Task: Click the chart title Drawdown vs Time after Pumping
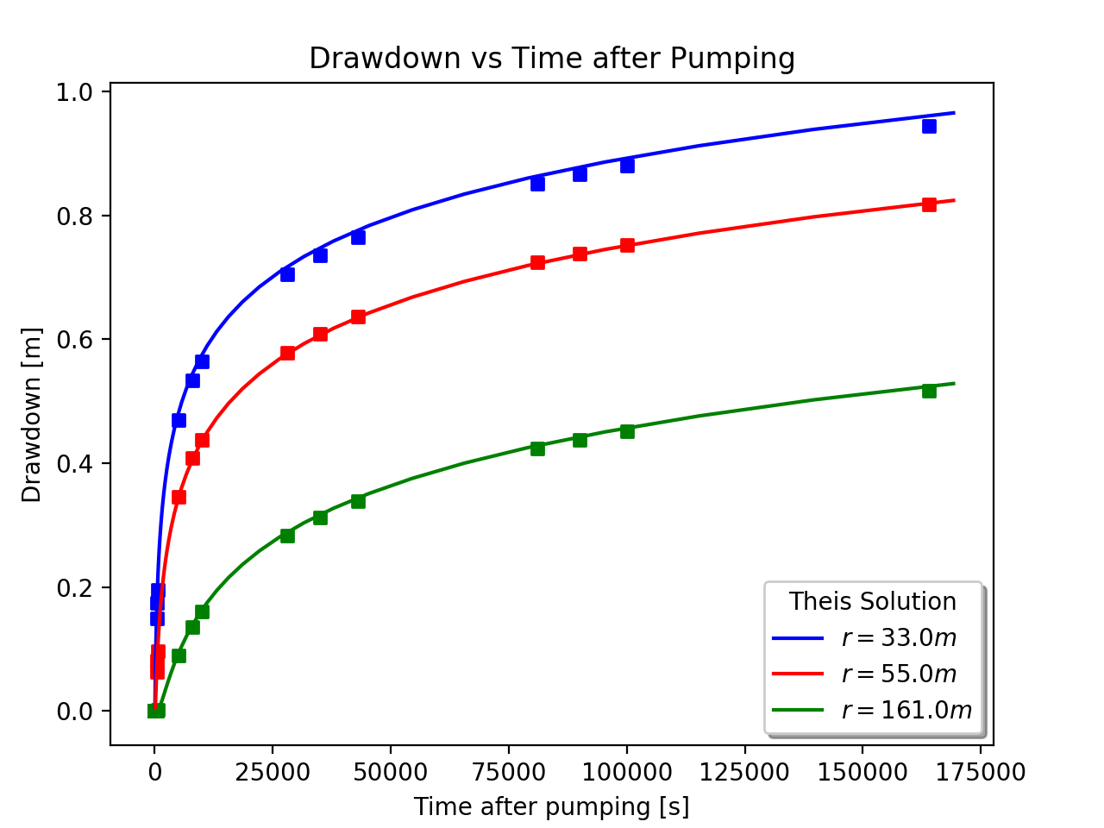tap(552, 59)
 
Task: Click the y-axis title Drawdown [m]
tap(32, 415)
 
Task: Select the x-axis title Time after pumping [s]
tap(551, 806)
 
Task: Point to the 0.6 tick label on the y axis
tap(75, 340)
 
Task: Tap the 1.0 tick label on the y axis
tap(75, 92)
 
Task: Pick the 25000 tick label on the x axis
tap(273, 772)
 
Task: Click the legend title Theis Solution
tap(873, 601)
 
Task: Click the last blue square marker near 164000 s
tap(929, 126)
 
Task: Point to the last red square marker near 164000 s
tap(929, 204)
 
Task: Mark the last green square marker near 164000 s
tap(929, 391)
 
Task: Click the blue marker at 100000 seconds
tap(627, 165)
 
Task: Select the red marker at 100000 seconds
tap(627, 245)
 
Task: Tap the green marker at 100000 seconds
tap(627, 430)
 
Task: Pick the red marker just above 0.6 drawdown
tap(320, 334)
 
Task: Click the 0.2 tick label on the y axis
tap(75, 588)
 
